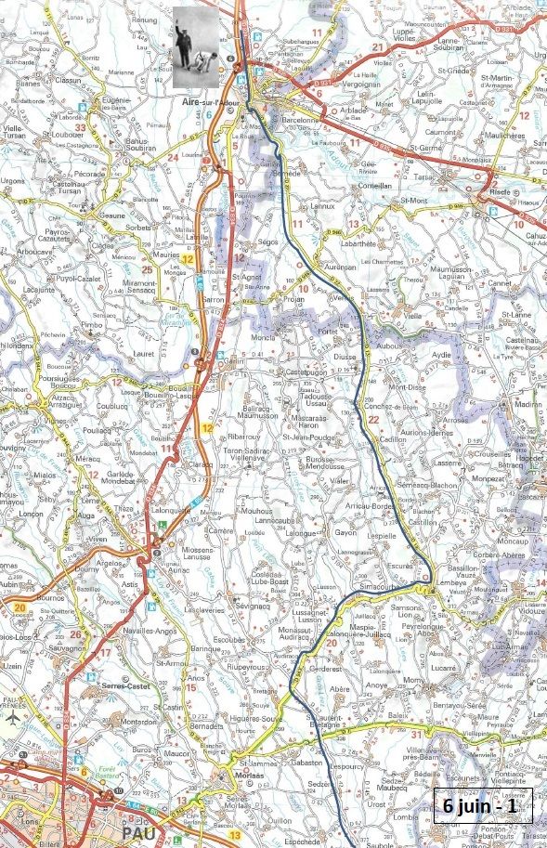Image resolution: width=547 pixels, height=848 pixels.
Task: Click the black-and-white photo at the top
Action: pos(197,48)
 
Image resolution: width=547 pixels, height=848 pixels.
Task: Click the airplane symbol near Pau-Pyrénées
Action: pos(12,718)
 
